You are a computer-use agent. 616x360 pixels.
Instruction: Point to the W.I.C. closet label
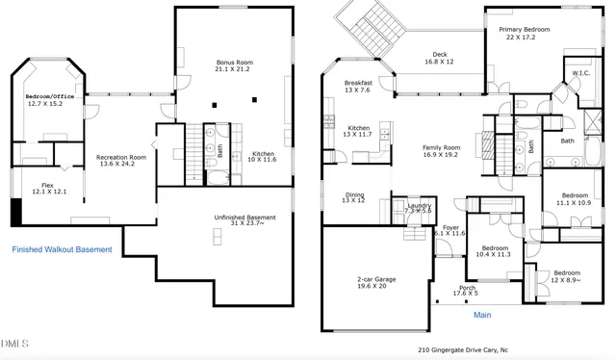coord(580,73)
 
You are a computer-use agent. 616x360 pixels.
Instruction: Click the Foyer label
coord(449,230)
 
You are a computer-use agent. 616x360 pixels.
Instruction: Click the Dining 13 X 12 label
coord(354,197)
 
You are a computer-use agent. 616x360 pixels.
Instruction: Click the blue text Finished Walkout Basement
coord(62,249)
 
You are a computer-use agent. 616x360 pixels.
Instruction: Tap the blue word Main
coord(483,315)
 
